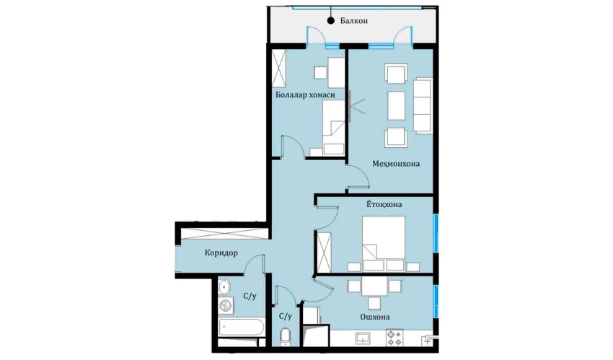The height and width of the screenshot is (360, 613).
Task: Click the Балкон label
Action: click(x=354, y=21)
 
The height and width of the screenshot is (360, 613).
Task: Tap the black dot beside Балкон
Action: click(x=331, y=21)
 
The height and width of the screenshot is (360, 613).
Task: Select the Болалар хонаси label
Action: click(x=305, y=95)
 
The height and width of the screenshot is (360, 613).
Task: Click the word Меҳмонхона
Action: click(x=396, y=164)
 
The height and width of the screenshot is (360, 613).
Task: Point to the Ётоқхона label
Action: click(x=384, y=204)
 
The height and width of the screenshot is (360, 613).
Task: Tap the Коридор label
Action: click(x=221, y=253)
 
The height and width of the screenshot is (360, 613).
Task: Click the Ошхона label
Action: click(x=375, y=317)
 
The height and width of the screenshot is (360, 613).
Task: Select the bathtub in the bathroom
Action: click(x=241, y=327)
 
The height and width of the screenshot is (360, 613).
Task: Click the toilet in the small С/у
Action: click(x=286, y=335)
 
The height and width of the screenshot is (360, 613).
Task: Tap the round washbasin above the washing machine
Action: click(x=224, y=287)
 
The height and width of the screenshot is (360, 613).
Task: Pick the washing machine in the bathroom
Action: click(x=226, y=305)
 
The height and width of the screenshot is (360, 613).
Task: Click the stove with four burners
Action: click(x=394, y=338)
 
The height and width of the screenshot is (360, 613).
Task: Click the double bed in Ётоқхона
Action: click(x=384, y=244)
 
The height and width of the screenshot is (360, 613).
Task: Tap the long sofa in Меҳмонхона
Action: click(x=423, y=105)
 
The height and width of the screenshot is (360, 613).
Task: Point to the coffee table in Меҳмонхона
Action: click(x=396, y=105)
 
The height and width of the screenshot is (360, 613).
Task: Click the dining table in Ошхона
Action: click(x=374, y=286)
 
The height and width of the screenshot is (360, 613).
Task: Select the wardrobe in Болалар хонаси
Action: click(x=279, y=69)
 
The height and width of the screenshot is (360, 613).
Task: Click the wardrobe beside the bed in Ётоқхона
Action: click(x=324, y=252)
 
